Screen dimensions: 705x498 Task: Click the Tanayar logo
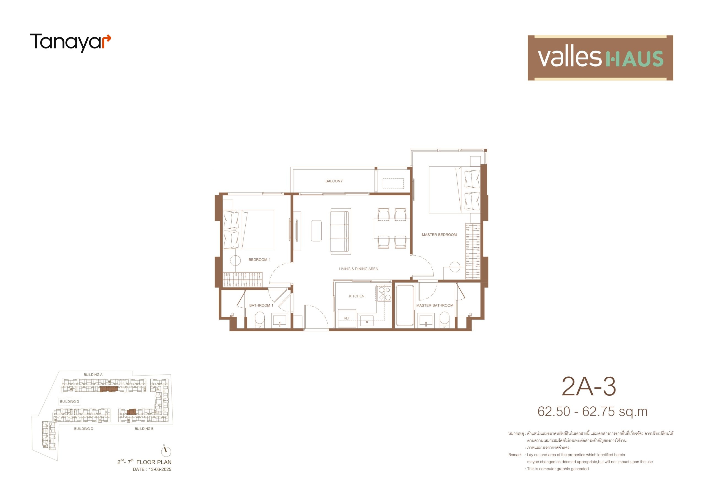point(70,42)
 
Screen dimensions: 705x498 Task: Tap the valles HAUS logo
point(600,58)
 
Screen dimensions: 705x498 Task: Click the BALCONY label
point(334,181)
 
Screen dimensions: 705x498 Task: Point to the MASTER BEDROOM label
point(439,235)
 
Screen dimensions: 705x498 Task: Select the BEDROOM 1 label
point(259,259)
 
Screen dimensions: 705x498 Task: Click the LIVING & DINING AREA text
point(358,269)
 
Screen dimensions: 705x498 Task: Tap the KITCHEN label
point(356,296)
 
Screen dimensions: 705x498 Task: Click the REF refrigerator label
point(347,318)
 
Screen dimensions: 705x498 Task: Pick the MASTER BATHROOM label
point(435,305)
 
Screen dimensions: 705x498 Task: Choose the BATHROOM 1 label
point(261,305)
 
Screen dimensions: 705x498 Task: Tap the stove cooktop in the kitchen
point(384,293)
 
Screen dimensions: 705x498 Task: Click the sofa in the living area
point(340,231)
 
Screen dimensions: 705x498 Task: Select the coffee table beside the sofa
point(316,231)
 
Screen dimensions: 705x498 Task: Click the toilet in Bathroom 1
point(260,320)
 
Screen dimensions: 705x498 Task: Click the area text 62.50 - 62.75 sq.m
point(592,412)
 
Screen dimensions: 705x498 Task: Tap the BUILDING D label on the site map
point(69,401)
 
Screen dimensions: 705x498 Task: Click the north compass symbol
point(166,451)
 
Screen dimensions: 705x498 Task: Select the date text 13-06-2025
point(160,469)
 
